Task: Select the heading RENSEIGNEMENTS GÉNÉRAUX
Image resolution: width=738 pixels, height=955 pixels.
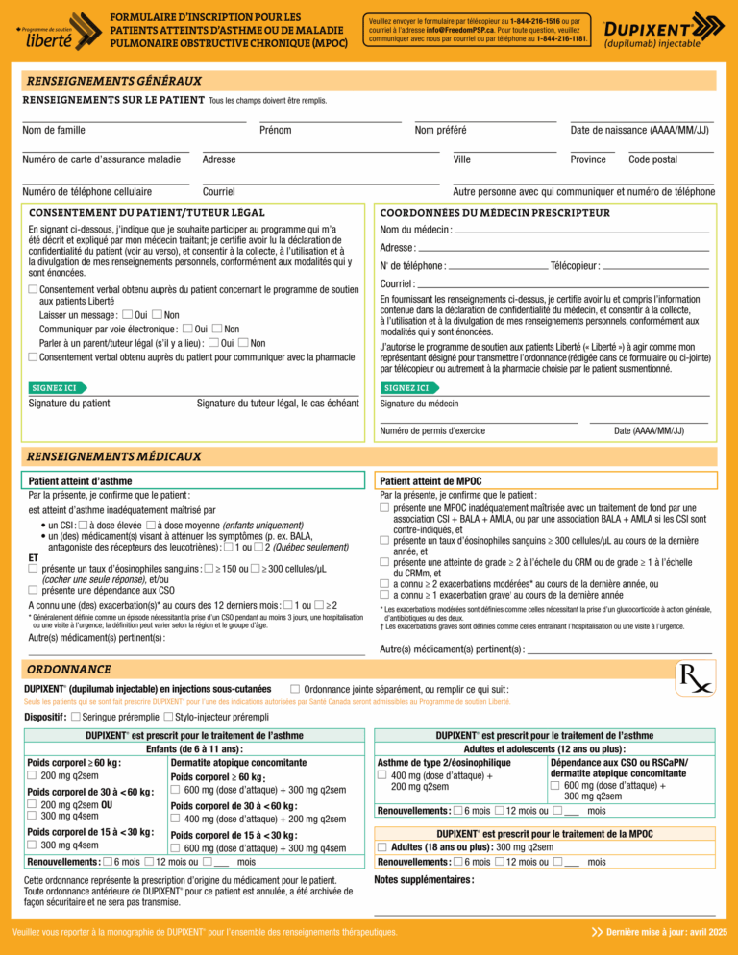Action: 113,81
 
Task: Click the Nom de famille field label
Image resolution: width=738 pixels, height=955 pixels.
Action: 54,131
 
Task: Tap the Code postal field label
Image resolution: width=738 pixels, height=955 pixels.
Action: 652,159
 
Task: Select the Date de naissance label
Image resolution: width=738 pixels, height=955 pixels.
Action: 639,131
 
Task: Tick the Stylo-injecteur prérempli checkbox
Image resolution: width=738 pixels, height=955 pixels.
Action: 169,717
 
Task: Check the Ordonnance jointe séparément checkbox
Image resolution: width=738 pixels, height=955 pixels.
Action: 294,688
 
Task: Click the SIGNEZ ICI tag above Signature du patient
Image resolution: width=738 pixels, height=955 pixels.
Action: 55,387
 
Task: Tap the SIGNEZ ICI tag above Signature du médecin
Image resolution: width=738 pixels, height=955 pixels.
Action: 407,387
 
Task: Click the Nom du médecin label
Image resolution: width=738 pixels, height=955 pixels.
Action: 415,230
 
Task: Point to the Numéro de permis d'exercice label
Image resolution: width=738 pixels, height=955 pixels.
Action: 432,430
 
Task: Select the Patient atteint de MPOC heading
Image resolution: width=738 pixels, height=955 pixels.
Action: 431,480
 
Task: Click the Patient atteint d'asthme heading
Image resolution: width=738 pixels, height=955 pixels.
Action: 80,480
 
